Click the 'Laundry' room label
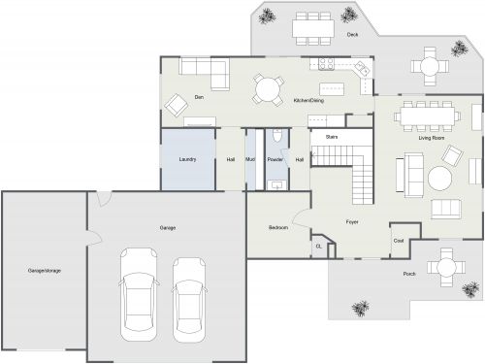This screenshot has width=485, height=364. (188, 159)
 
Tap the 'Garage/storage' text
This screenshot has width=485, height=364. (45, 270)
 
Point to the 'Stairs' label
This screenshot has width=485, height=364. (331, 137)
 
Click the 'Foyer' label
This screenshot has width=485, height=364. (353, 221)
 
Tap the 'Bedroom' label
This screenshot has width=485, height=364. (278, 228)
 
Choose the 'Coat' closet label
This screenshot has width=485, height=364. (398, 239)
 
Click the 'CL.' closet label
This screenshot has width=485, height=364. (318, 247)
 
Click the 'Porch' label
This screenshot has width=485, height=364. (410, 275)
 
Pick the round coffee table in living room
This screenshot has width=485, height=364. (440, 178)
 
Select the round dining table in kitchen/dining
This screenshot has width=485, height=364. (267, 88)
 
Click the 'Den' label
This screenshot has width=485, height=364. (198, 97)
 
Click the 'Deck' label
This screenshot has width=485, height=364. (353, 35)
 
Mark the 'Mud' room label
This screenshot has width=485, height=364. (249, 159)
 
